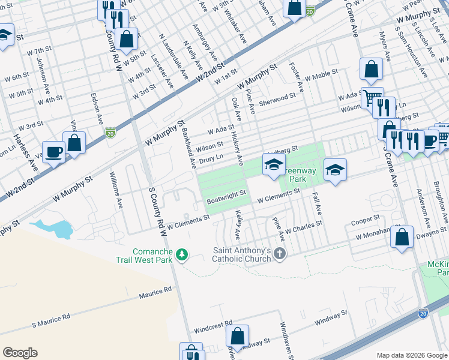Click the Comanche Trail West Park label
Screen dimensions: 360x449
[145, 256]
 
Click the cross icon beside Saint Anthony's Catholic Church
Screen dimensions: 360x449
[279, 254]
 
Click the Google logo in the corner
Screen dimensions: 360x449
[20, 353]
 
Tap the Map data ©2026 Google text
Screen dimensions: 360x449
[411, 355]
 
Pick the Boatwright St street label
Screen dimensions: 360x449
[226, 194]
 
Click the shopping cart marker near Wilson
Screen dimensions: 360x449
[372, 97]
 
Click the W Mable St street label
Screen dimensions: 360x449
[322, 76]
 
